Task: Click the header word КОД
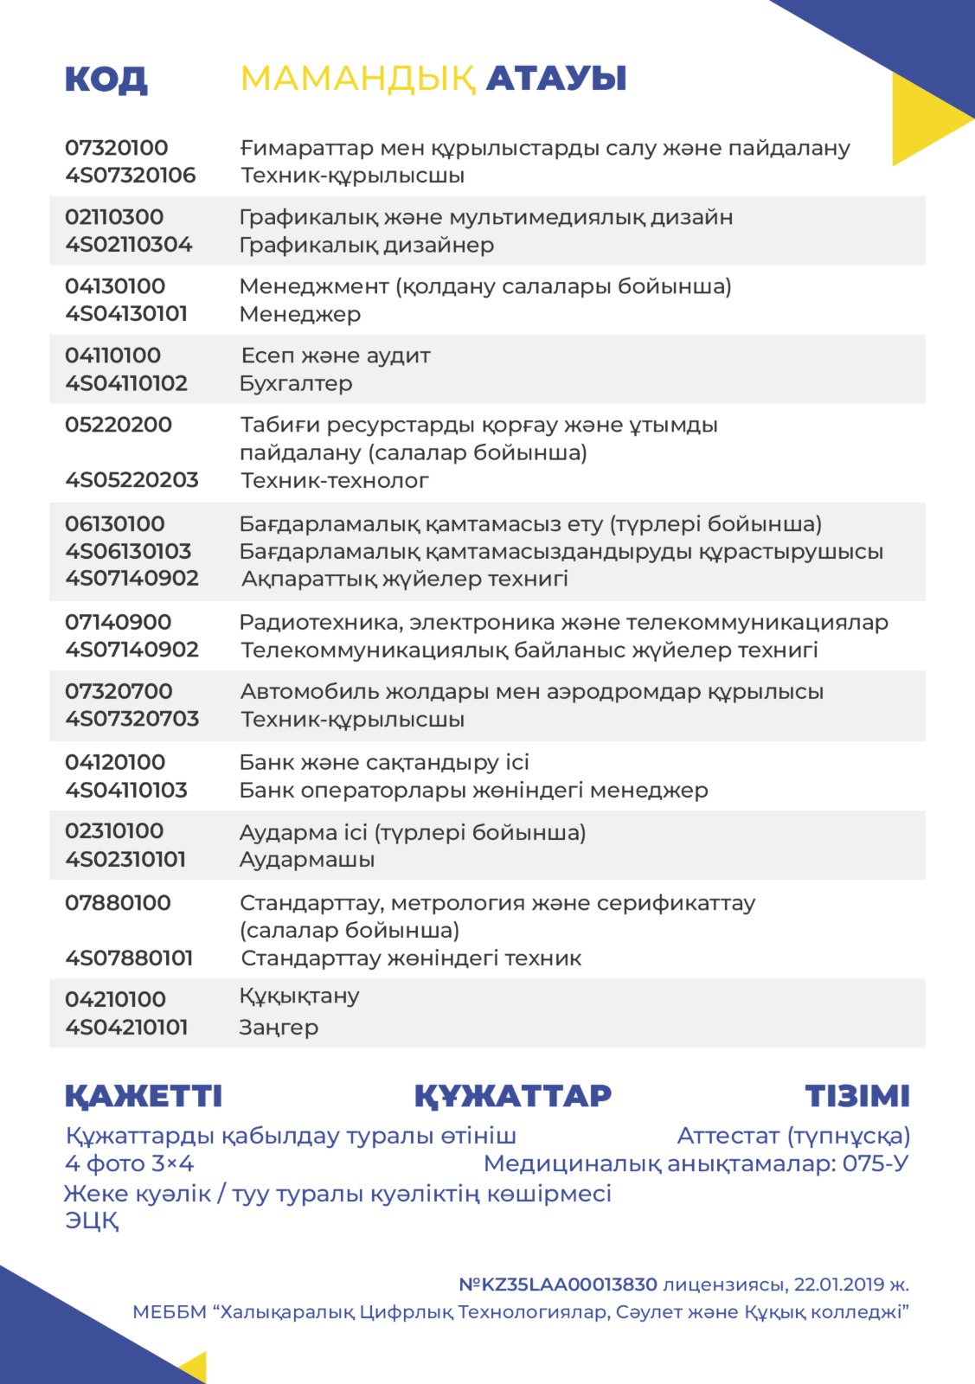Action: pos(106,80)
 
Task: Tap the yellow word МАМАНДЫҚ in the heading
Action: pos(357,80)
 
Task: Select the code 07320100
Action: pos(117,148)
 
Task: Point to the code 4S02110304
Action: pos(129,245)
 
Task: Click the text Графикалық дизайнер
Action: pos(367,245)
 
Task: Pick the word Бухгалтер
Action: pos(296,383)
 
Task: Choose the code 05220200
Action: pos(119,425)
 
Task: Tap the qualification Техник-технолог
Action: pos(335,480)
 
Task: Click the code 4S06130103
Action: pos(129,551)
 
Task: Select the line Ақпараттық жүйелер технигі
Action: pos(405,579)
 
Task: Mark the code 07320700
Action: pos(119,691)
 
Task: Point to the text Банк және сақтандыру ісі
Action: pos(384,762)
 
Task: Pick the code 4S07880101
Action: pos(129,958)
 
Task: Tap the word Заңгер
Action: pos(279,1028)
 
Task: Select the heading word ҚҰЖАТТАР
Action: pos(513,1096)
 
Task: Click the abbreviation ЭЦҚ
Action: pos(92,1221)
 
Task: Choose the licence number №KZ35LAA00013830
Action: pos(558,1285)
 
